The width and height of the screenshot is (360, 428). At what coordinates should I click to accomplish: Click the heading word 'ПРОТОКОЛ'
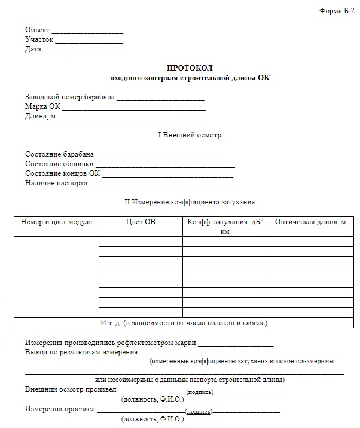189,68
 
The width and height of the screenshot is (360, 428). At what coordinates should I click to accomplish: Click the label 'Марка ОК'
42,106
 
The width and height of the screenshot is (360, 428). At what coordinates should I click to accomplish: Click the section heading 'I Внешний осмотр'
189,136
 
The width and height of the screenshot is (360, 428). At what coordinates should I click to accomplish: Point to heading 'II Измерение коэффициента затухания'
189,203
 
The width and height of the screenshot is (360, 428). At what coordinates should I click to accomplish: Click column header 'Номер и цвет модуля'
57,222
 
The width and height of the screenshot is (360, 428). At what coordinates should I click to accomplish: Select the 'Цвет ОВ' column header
141,222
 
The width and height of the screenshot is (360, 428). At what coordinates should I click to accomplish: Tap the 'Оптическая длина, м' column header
310,222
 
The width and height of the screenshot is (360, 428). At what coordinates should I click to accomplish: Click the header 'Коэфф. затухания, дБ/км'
224,227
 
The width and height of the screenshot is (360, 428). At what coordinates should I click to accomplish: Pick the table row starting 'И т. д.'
183,323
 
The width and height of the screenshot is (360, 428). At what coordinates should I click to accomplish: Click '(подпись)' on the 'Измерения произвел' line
199,412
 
